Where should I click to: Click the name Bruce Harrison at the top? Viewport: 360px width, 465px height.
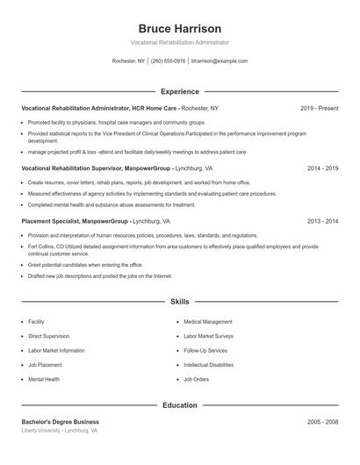pos(180,28)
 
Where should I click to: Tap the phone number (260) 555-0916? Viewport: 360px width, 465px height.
pos(168,61)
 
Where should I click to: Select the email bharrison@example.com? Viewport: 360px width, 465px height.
pos(220,61)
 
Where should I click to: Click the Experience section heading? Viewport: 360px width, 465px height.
pos(180,91)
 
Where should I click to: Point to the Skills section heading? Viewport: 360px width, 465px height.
pos(180,301)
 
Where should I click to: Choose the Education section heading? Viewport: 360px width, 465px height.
pos(180,405)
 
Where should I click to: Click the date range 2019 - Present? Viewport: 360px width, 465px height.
pos(319,108)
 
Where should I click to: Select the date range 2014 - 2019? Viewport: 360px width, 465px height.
pos(322,168)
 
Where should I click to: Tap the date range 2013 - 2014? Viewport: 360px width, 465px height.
pos(322,221)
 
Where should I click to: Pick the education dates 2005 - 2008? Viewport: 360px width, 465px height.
pos(322,422)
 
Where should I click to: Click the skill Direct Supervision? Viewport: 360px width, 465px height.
pos(48,336)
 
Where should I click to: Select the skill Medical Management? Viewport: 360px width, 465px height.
pos(208,322)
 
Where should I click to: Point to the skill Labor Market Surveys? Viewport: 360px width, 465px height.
pos(209,336)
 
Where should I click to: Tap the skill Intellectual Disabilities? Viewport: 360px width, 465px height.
pos(209,365)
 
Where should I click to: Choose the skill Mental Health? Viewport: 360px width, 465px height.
pos(44,379)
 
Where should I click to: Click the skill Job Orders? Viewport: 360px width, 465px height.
pos(197,379)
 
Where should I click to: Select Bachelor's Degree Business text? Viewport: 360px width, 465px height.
pos(61,422)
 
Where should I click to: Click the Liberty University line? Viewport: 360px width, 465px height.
pos(60,431)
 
